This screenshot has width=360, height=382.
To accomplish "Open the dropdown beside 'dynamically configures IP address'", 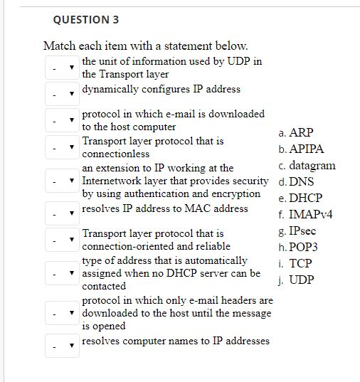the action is coord(62,92).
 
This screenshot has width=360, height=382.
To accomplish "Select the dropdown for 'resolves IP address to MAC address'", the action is coord(62,212).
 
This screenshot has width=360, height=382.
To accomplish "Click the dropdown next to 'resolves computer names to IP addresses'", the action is coord(62,346).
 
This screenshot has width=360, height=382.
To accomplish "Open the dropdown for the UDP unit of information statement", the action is coord(62,68).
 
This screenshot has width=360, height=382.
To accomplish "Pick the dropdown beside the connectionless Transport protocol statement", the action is coord(62,148).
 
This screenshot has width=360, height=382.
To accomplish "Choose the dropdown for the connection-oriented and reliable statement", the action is coord(62,240).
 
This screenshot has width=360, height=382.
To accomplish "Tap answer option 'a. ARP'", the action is coord(296,133).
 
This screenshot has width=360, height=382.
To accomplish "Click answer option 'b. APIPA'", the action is coord(302,149).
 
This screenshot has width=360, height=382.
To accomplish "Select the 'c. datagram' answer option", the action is coord(307,166).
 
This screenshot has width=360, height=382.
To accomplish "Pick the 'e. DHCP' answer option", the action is coord(301,198).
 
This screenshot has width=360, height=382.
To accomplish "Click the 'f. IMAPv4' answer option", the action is coord(306,214).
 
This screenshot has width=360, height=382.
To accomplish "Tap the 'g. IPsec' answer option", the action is coord(298,230).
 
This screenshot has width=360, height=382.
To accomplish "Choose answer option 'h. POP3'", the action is coord(299,247).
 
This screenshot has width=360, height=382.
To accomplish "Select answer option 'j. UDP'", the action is coord(297,280).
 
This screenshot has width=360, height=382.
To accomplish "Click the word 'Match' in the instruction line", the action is coord(59,46).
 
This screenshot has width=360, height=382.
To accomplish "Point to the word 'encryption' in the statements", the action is coord(236,193).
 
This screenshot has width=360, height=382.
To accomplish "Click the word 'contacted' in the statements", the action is coord(104,286).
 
